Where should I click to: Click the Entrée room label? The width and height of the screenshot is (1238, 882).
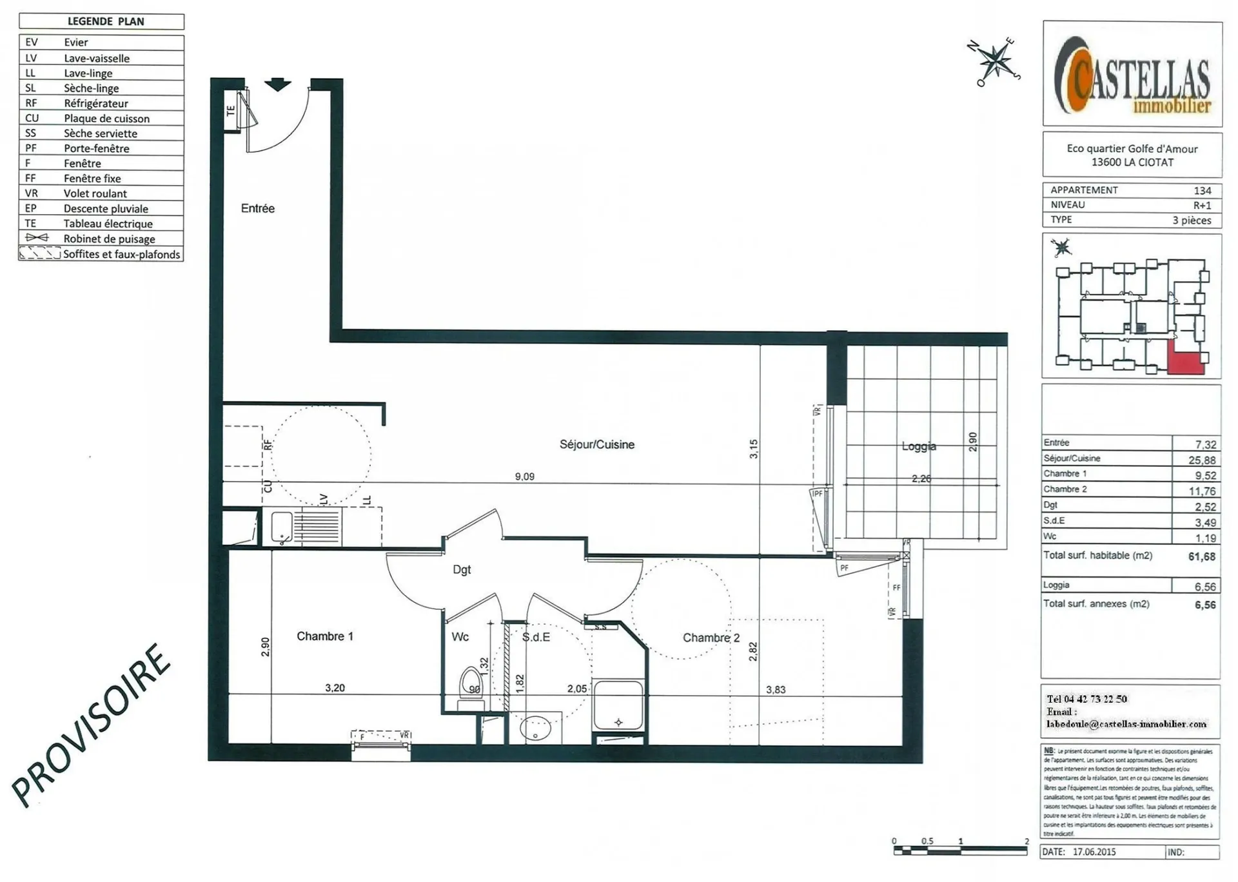coord(257,208)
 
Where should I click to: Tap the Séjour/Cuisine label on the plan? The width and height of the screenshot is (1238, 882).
coord(596,444)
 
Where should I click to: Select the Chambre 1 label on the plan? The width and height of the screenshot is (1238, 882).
coord(324,636)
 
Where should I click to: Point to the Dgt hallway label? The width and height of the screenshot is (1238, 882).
coord(462,569)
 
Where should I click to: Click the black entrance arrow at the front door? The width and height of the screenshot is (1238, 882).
coord(278,84)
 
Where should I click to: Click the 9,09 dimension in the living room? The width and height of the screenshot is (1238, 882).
coord(524,476)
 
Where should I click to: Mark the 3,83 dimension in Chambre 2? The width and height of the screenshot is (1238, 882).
coord(775,689)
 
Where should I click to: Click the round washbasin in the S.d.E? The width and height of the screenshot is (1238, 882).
coord(535,729)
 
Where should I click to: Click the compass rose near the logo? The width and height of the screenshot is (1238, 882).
coord(996,62)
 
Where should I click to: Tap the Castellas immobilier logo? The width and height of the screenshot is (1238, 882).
coord(1132,75)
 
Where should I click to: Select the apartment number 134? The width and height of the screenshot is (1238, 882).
coord(1202,190)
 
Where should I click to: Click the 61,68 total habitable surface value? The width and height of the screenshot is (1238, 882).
coord(1201,556)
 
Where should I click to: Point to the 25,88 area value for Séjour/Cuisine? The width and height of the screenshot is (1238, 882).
coord(1202,460)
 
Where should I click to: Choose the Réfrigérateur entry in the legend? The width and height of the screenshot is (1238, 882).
coord(95,103)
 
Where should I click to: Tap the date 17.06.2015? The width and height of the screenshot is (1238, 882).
coord(1094,852)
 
